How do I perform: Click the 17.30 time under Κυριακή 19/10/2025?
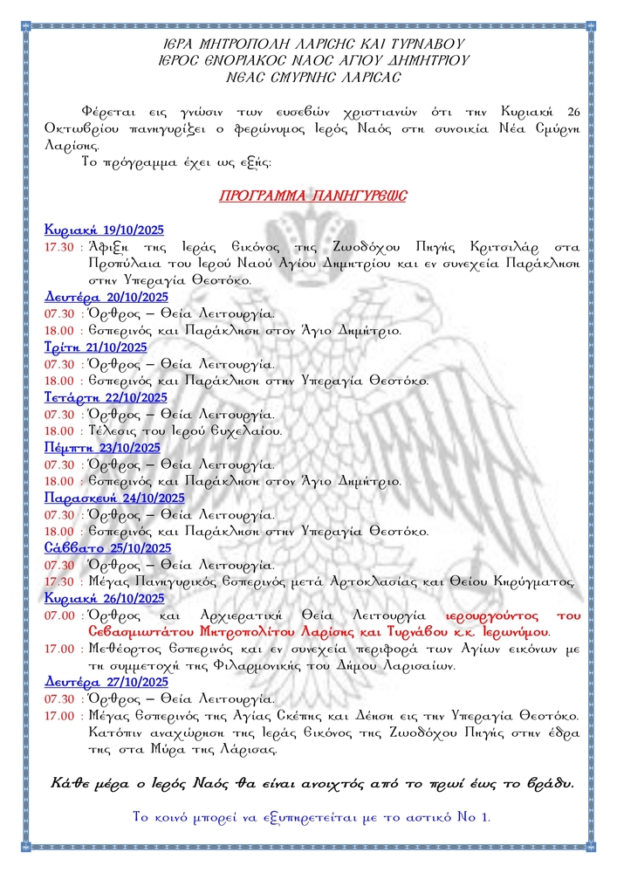[59, 247]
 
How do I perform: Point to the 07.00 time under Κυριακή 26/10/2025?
[59, 615]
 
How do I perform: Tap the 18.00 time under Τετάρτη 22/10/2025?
[59, 430]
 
